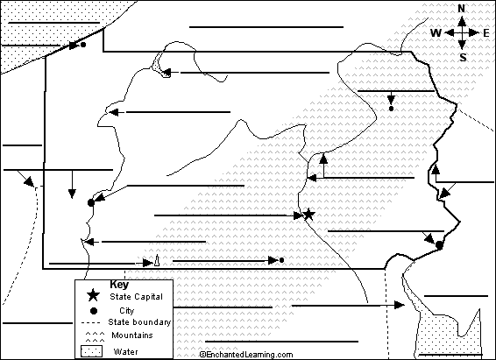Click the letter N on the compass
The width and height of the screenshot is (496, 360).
[462, 9]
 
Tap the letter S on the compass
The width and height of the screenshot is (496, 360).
[463, 57]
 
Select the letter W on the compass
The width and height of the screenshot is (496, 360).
[436, 32]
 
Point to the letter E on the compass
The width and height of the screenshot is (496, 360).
[486, 32]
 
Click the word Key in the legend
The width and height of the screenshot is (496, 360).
[119, 285]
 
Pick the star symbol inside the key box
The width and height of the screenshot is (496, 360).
[93, 295]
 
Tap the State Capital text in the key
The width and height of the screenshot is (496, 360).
[136, 297]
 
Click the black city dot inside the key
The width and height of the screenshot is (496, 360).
[94, 311]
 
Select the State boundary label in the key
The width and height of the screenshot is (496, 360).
[139, 322]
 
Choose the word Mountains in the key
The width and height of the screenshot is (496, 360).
[132, 335]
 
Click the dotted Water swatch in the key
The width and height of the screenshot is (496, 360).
[92, 351]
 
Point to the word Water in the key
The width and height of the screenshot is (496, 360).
[125, 351]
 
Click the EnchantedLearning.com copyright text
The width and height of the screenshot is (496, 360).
[246, 355]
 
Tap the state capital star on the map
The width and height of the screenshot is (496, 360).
[308, 215]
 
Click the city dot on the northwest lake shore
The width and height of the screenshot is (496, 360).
[83, 45]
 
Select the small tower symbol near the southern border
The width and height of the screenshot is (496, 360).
[157, 260]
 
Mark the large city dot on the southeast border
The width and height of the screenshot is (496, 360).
[439, 245]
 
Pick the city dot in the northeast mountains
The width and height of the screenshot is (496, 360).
[392, 109]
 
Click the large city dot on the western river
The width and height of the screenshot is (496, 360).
[91, 203]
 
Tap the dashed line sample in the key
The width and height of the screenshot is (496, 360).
[91, 323]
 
